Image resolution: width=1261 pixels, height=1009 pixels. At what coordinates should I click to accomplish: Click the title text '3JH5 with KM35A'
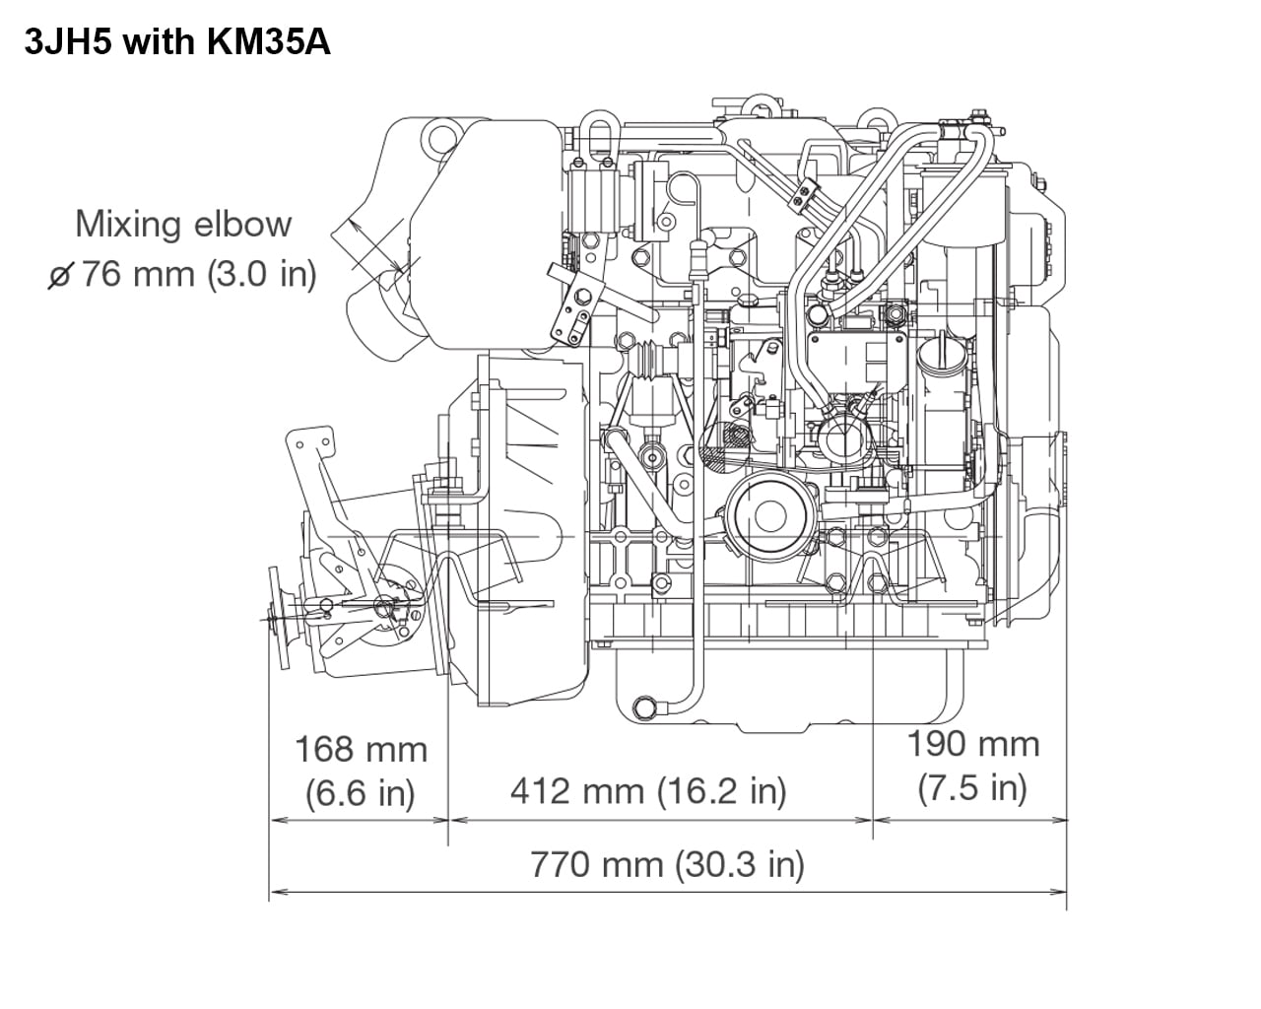pyautogui.click(x=177, y=42)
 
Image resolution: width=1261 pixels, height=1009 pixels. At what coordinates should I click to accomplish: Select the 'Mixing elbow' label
pyautogui.click(x=183, y=224)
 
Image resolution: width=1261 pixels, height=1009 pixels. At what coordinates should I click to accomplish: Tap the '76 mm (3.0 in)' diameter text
pyautogui.click(x=198, y=273)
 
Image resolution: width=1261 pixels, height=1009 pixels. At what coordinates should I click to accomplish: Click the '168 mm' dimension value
pyautogui.click(x=361, y=749)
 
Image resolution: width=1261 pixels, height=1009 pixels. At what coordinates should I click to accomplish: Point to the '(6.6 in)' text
pyautogui.click(x=361, y=792)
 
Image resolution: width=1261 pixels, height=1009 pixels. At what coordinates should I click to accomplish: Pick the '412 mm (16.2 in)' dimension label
pyautogui.click(x=648, y=790)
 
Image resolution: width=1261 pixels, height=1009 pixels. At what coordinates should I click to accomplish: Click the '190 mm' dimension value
pyautogui.click(x=972, y=743)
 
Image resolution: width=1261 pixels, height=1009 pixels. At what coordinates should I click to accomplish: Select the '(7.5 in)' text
pyautogui.click(x=972, y=787)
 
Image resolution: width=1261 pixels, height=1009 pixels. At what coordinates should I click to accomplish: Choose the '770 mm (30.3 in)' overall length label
pyautogui.click(x=667, y=864)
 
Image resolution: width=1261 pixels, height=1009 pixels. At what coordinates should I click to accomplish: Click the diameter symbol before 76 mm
pyautogui.click(x=59, y=275)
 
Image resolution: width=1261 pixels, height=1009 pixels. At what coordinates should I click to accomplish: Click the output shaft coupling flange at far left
pyautogui.click(x=280, y=616)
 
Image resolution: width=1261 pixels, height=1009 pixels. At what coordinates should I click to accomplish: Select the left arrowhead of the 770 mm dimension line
pyautogui.click(x=277, y=892)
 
